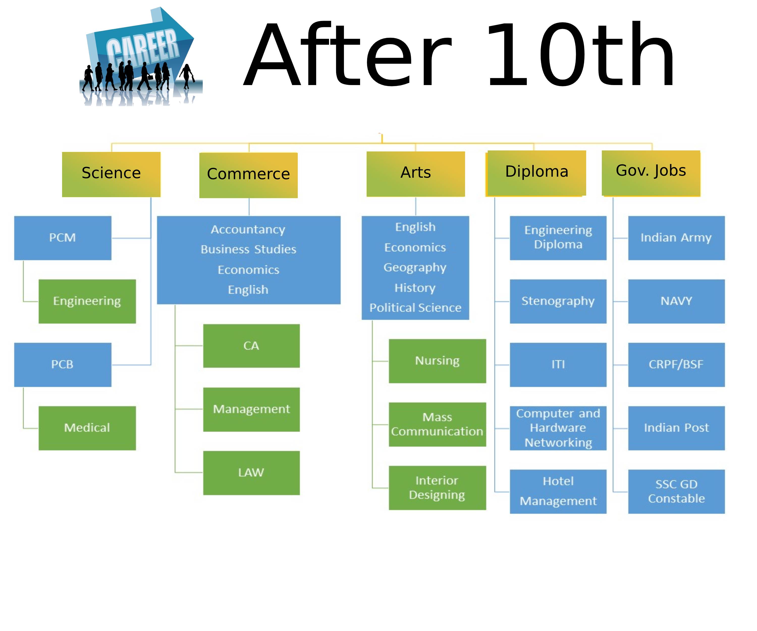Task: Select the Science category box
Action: click(111, 174)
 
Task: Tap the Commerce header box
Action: click(248, 175)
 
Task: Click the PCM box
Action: click(63, 238)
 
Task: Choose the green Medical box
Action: click(87, 428)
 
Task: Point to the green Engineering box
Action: click(87, 301)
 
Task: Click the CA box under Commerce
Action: click(251, 346)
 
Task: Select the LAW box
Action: click(251, 473)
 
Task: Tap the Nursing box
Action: click(437, 361)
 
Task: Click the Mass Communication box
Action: click(437, 424)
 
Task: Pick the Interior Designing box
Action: click(437, 488)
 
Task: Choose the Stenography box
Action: click(558, 301)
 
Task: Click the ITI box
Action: click(558, 364)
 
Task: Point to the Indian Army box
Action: click(676, 238)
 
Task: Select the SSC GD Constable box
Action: click(676, 491)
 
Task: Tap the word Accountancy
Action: click(248, 230)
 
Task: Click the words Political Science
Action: click(415, 308)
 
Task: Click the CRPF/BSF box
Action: click(676, 364)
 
